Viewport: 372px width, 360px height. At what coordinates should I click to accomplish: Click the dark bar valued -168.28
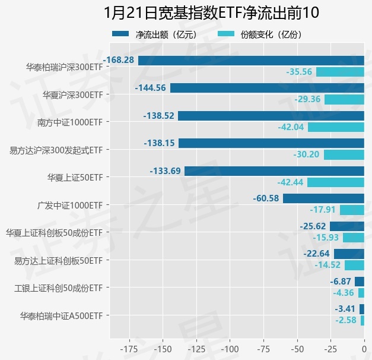coord(251,60)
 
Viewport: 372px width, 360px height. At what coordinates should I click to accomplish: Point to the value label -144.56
coord(151,88)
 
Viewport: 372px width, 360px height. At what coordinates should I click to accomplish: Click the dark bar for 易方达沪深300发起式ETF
coord(271,143)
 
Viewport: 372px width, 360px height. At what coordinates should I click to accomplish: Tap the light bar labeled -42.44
coord(336,182)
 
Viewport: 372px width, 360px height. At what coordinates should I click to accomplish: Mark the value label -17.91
coord(323,210)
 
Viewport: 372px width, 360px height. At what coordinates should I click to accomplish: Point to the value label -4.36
coord(344,293)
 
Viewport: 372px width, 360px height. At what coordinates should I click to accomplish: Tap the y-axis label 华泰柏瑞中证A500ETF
coord(61,315)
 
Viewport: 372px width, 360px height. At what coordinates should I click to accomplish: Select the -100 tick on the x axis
coord(230,348)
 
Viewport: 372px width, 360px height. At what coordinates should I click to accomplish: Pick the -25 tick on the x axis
coord(330,348)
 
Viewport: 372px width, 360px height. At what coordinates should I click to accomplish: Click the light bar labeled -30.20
coord(344,154)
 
